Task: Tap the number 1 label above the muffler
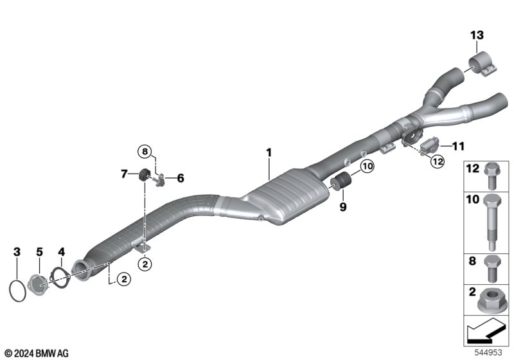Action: pyautogui.click(x=269, y=153)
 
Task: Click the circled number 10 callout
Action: pyautogui.click(x=366, y=167)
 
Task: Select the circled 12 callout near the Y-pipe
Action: pyautogui.click(x=438, y=162)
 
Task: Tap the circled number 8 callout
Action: pyautogui.click(x=145, y=152)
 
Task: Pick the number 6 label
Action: pyautogui.click(x=181, y=178)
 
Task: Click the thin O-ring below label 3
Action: pyautogui.click(x=17, y=290)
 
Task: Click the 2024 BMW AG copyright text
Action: pyautogui.click(x=37, y=353)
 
